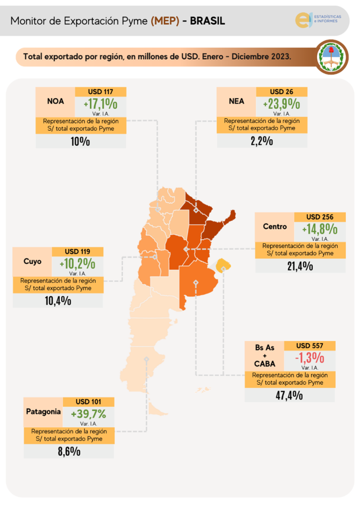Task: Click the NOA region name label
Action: pyautogui.click(x=55, y=101)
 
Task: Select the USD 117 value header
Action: pyautogui.click(x=100, y=92)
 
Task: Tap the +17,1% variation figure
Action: pyautogui.click(x=100, y=104)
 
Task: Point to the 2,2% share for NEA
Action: pyautogui.click(x=262, y=141)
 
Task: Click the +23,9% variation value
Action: pyautogui.click(x=281, y=104)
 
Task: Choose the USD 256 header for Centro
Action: pyautogui.click(x=320, y=217)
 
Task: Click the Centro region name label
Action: pyautogui.click(x=274, y=227)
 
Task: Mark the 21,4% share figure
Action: pyautogui.click(x=299, y=266)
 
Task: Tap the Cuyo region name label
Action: pyautogui.click(x=32, y=261)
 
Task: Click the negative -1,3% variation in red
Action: pyautogui.click(x=309, y=357)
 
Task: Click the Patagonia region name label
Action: pyautogui.click(x=43, y=412)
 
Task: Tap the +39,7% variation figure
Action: pyautogui.click(x=89, y=414)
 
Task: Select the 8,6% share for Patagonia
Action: pyautogui.click(x=69, y=452)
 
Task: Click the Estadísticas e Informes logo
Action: pyautogui.click(x=318, y=19)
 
